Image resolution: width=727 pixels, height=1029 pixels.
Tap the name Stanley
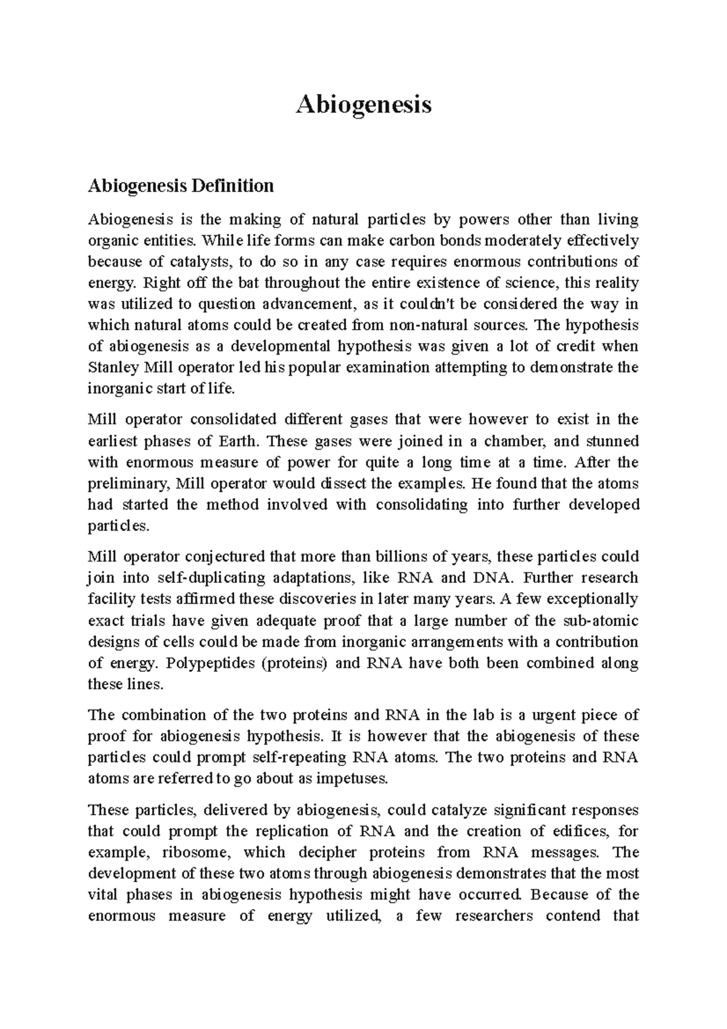(113, 368)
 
